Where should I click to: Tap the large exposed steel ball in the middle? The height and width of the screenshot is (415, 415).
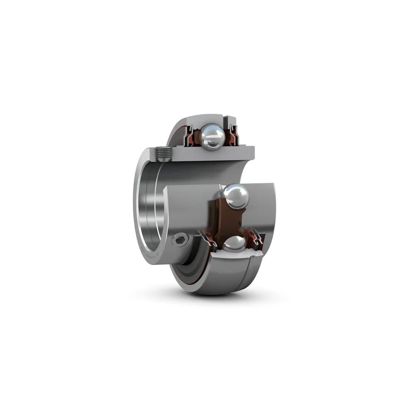click(x=236, y=196)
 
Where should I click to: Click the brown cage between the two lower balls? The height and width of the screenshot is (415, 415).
click(x=220, y=220)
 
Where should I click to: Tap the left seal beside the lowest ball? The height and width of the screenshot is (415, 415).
click(x=210, y=241)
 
